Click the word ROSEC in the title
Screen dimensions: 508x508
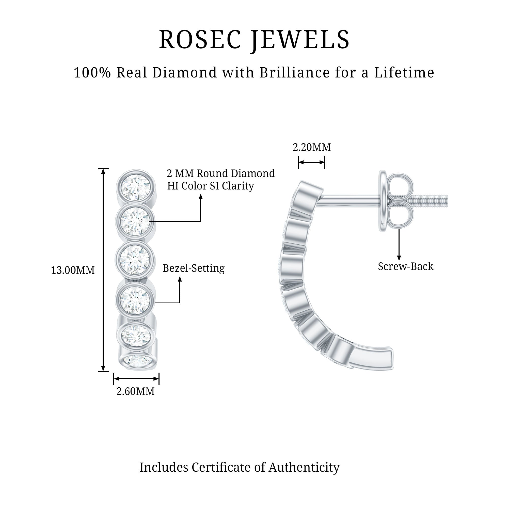(x=200, y=40)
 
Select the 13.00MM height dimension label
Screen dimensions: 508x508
(x=73, y=271)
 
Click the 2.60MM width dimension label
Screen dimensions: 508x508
(x=135, y=391)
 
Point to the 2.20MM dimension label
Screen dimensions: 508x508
(x=312, y=147)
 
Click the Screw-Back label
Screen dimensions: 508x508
(x=405, y=267)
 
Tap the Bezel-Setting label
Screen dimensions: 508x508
(x=194, y=268)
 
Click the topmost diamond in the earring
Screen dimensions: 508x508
(x=135, y=187)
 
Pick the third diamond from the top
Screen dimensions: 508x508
(x=135, y=260)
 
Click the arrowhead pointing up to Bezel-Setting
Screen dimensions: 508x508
(x=180, y=279)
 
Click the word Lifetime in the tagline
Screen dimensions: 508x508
(x=404, y=73)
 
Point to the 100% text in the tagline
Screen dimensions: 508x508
(x=92, y=73)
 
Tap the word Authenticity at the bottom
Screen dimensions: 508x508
(x=304, y=468)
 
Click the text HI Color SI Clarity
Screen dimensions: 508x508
(x=211, y=186)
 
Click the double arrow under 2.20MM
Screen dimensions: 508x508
(x=312, y=162)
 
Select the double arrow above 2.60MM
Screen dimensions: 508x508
(x=136, y=379)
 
